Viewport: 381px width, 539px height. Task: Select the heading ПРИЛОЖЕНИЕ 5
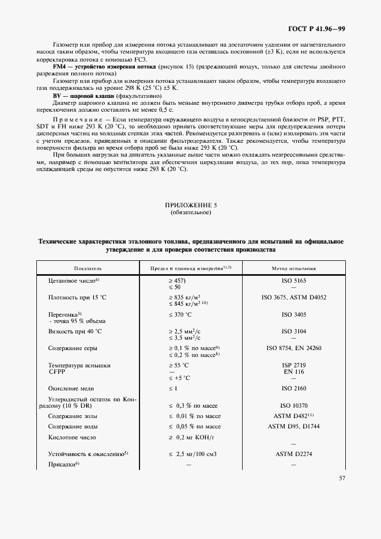(x=190, y=205)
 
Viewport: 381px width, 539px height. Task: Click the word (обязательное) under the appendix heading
(x=190, y=212)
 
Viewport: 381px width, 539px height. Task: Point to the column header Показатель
(x=88, y=268)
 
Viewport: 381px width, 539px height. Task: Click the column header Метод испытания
(x=293, y=268)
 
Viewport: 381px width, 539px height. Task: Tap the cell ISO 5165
(x=293, y=279)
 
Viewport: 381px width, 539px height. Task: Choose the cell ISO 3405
(x=293, y=314)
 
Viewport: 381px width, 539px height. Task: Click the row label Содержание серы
(x=73, y=348)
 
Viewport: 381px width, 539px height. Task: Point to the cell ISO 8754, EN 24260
(x=293, y=348)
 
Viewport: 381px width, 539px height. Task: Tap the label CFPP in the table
(x=56, y=372)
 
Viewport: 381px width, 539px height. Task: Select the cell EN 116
(x=293, y=372)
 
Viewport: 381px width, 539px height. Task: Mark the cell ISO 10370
(x=293, y=406)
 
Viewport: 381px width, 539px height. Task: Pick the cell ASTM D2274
(x=293, y=454)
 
